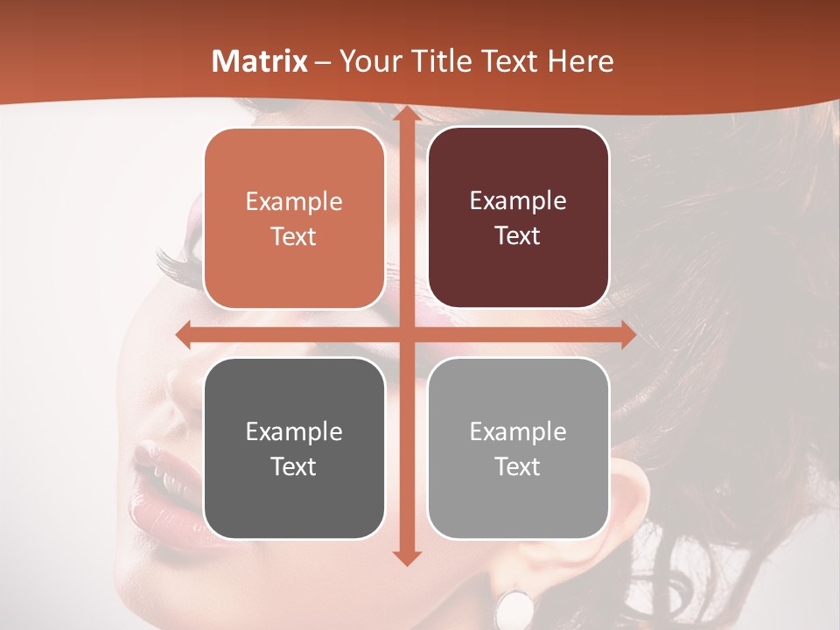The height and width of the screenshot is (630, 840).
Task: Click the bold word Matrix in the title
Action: pos(260,61)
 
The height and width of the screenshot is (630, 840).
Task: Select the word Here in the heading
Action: pos(580,61)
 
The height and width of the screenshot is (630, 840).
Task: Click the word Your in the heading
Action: pos(367,61)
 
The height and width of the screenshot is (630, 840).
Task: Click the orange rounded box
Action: pos(294,219)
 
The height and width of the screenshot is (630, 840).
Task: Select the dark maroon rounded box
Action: pos(518,218)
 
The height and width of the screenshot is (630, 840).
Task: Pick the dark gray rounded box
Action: pos(294,449)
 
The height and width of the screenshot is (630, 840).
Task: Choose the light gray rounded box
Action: pos(518,449)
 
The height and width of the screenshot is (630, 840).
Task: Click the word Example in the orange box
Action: pos(294,202)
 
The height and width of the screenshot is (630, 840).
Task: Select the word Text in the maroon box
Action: pos(518,236)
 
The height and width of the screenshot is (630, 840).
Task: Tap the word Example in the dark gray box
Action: pos(294,432)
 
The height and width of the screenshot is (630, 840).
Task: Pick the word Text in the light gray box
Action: pos(518,467)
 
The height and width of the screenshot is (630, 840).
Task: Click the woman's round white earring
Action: pos(514,606)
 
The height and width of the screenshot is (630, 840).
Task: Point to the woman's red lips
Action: pos(166,477)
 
